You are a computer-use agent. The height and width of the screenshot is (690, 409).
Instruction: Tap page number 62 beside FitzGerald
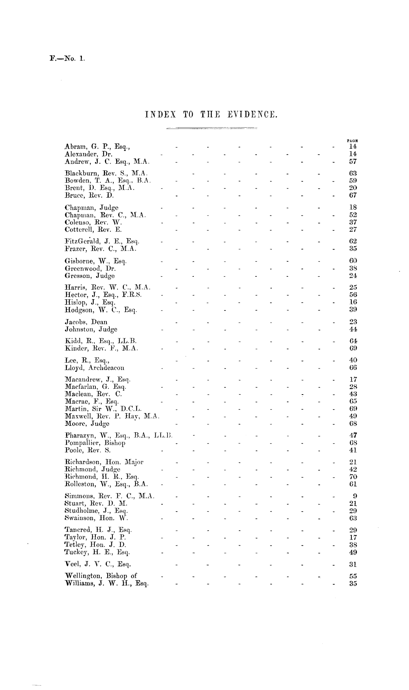353,241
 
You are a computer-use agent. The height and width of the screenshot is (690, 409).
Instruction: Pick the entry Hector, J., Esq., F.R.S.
103,295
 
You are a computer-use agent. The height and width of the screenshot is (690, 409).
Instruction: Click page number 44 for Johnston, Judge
353,330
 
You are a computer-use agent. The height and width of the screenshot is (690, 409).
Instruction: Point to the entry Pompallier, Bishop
95,443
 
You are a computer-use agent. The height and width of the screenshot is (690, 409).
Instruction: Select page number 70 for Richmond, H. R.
353,477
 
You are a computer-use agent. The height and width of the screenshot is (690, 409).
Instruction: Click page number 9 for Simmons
355,496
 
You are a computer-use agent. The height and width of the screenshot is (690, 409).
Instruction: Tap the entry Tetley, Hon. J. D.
95,545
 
